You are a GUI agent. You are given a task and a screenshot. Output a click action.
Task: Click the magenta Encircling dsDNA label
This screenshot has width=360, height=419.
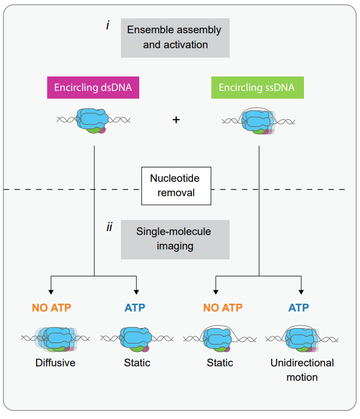tap(93, 88)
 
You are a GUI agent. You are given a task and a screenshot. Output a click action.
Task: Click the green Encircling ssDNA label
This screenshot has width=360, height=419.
tap(256, 88)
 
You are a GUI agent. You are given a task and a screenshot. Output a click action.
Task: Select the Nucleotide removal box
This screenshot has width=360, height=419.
tap(175, 186)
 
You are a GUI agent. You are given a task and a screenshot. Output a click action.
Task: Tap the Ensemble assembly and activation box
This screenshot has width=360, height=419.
tap(175, 37)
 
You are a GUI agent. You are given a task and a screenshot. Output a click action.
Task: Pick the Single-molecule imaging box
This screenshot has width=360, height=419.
tap(175, 239)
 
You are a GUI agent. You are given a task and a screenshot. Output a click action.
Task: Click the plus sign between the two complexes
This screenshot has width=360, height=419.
tap(176, 119)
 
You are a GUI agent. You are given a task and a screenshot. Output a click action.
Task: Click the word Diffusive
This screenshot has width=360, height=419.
tap(55, 364)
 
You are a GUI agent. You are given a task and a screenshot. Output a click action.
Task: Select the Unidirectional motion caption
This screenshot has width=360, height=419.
tap(302, 370)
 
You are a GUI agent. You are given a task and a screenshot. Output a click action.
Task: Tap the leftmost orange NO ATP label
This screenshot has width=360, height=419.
tap(52, 308)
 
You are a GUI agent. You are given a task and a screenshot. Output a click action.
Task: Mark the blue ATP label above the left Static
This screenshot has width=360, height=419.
tap(135, 308)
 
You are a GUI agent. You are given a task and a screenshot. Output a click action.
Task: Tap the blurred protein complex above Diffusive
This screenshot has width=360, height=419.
tap(55, 339)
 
